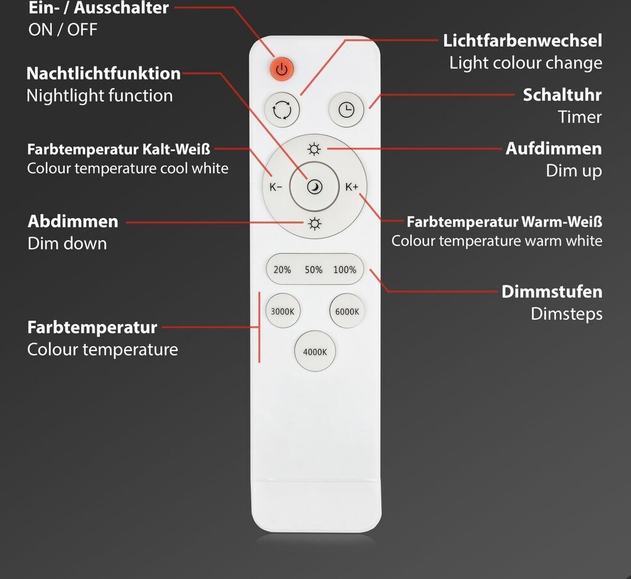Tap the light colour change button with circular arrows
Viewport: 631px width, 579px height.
282,110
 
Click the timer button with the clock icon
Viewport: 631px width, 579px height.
347,110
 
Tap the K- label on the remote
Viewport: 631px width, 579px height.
275,187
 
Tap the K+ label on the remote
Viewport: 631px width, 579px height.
352,187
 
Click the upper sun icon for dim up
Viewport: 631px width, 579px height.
315,149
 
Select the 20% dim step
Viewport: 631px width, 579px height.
282,270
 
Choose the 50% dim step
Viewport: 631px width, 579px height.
314,270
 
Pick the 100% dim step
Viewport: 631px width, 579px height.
344,270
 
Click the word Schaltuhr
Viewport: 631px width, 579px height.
562,95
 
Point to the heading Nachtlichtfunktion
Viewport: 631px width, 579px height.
104,74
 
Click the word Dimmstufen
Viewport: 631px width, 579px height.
552,291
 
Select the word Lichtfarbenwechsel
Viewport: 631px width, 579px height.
523,41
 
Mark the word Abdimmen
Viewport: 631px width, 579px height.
73,221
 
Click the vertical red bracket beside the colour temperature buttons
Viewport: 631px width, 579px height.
259,327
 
